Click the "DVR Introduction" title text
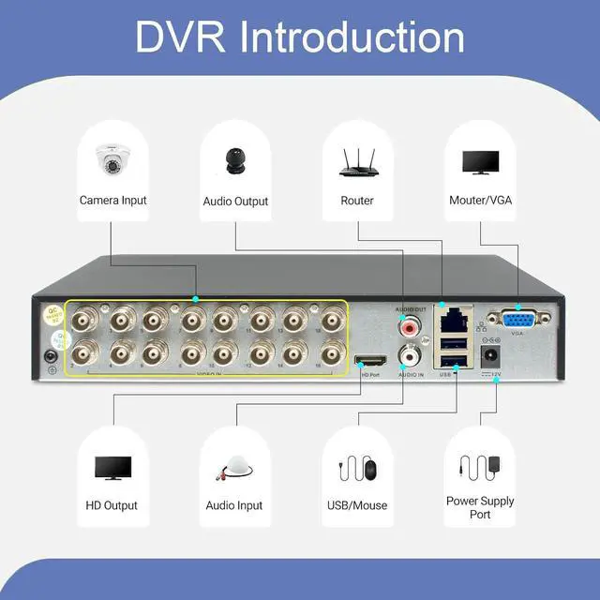click(x=299, y=37)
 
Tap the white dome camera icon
click(x=112, y=161)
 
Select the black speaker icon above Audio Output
click(x=234, y=160)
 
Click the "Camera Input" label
click(x=112, y=200)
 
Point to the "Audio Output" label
click(x=235, y=201)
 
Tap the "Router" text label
click(x=357, y=200)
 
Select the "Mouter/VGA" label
click(x=480, y=200)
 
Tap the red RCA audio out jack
click(x=408, y=328)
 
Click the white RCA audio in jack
click(x=410, y=355)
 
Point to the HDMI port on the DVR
click(x=368, y=361)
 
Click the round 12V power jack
click(x=488, y=357)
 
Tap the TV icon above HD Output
click(x=112, y=467)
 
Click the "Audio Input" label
click(x=234, y=505)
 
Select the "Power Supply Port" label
click(x=480, y=507)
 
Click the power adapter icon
click(x=479, y=465)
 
